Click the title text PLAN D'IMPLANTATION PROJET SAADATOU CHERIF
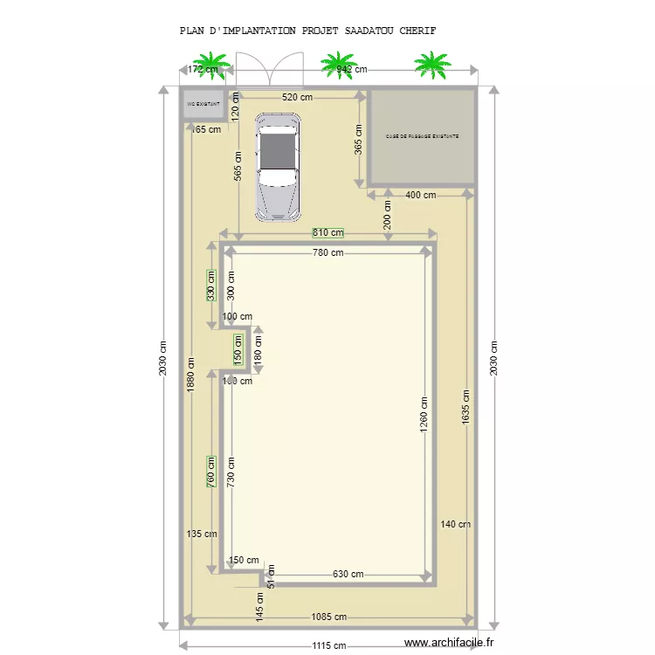307,31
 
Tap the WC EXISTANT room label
203,103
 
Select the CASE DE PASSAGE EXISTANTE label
423,136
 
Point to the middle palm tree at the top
339,64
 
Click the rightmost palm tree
429,64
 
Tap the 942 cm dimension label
351,69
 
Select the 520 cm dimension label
296,99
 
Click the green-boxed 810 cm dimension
328,233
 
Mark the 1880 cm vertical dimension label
190,376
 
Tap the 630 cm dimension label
348,574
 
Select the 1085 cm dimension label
328,617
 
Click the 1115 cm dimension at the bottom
328,646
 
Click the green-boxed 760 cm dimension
210,472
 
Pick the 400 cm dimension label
420,195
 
